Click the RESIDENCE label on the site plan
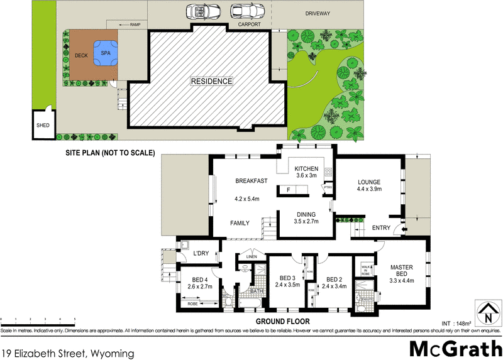point(212,82)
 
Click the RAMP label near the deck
point(135,25)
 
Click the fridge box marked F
point(289,189)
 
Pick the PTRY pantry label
point(327,187)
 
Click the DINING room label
point(307,214)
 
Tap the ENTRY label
point(381,228)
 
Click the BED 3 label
point(285,278)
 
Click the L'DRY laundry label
point(201,253)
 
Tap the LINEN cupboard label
point(251,257)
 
